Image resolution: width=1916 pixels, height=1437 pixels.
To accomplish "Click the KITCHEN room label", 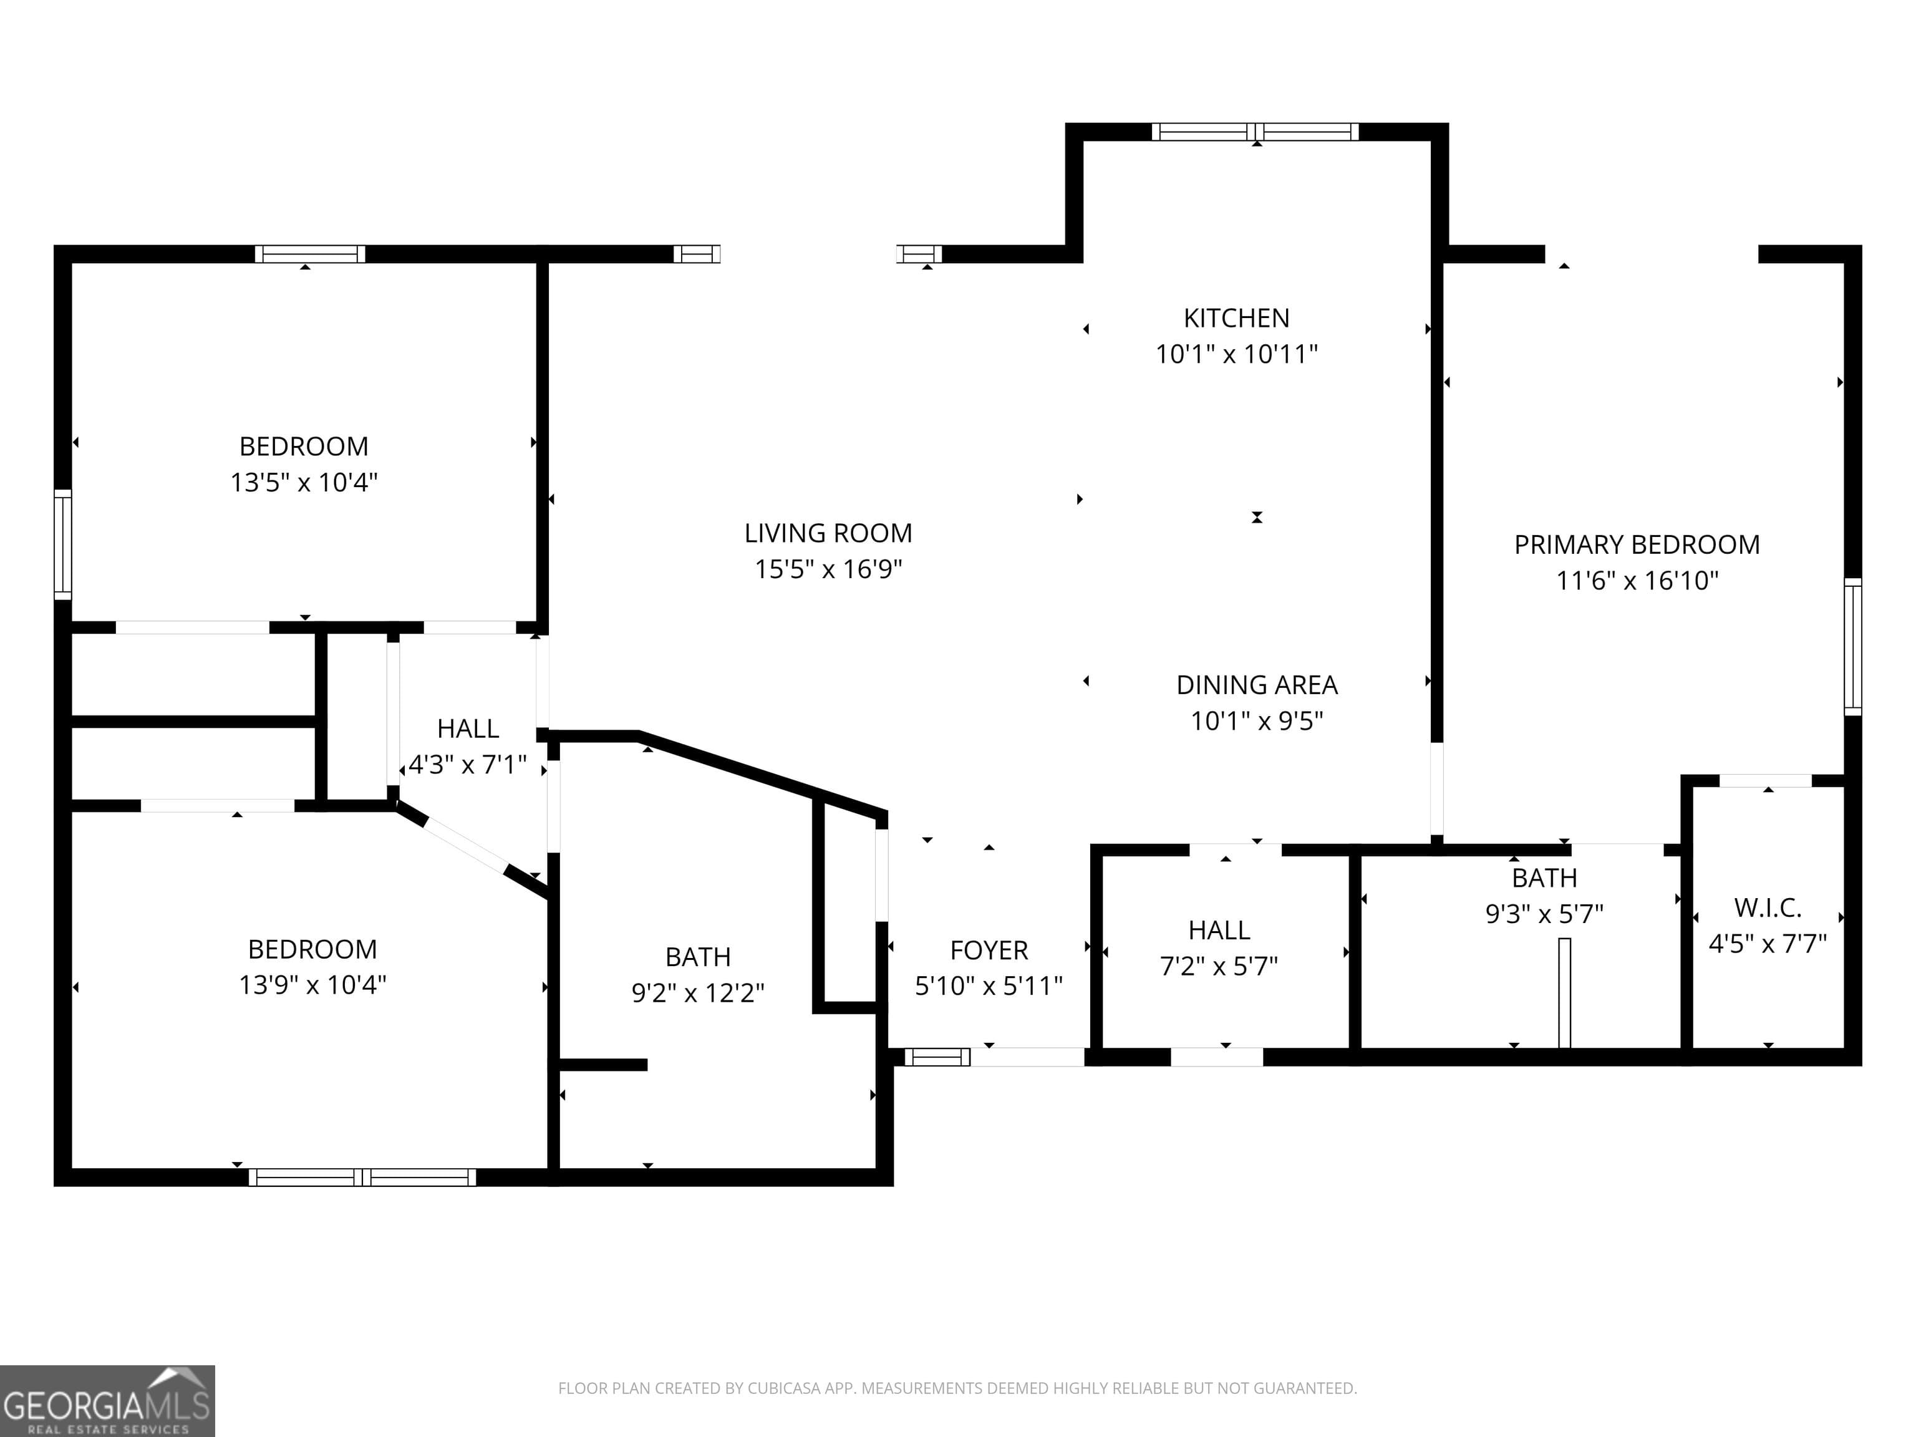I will [1236, 318].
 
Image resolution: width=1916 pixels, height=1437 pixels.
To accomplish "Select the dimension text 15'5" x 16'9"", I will [828, 569].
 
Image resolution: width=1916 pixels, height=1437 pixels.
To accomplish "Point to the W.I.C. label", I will [1767, 907].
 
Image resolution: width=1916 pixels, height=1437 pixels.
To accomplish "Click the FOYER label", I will [989, 951].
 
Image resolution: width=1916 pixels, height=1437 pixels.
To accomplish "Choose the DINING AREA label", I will [1256, 685].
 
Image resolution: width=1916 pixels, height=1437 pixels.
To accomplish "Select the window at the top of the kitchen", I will [1255, 132].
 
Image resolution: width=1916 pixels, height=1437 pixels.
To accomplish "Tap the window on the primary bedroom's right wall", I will [1852, 646].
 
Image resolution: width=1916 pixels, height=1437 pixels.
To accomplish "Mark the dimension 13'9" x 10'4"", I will [312, 985].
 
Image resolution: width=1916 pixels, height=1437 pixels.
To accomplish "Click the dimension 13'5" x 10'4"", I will [303, 483].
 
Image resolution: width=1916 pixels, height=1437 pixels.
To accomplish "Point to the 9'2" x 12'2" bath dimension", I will [697, 993].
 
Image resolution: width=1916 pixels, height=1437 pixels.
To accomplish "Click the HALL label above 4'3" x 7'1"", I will [468, 728].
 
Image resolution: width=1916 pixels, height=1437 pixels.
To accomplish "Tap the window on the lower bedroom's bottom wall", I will [362, 1177].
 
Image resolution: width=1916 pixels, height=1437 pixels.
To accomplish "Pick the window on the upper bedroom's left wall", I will [62, 544].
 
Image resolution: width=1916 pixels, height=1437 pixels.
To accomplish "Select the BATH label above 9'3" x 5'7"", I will [1544, 878].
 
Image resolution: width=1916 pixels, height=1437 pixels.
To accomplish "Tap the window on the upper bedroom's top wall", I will [310, 254].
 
